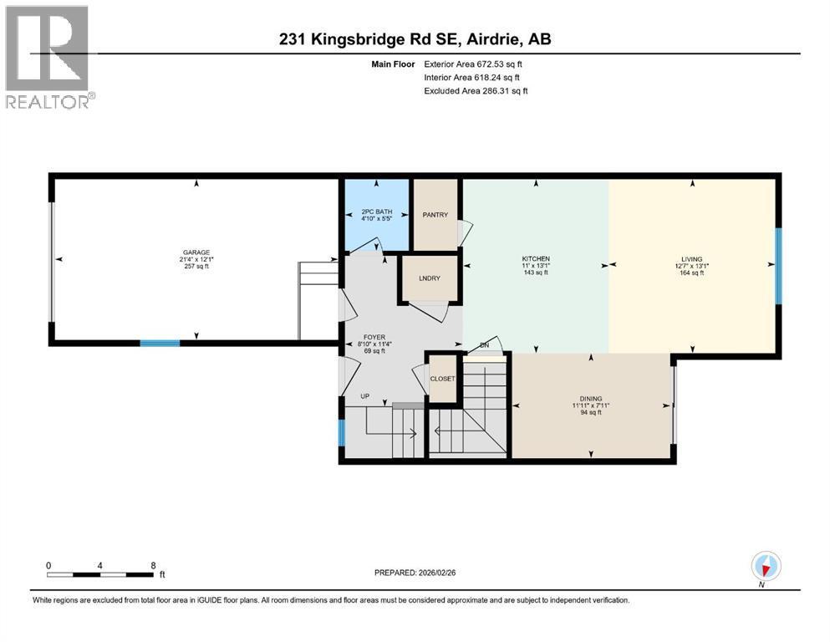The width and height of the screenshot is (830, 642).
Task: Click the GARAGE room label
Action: click(x=196, y=252)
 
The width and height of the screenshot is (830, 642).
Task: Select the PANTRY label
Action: click(x=435, y=215)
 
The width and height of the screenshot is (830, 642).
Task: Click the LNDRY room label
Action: click(x=429, y=278)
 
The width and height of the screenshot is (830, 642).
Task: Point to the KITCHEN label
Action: click(x=536, y=258)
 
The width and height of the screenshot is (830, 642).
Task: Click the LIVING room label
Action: click(x=691, y=258)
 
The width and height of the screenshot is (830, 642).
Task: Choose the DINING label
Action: click(x=591, y=399)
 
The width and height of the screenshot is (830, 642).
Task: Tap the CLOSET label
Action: click(x=442, y=379)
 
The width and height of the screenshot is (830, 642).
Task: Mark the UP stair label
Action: click(x=364, y=395)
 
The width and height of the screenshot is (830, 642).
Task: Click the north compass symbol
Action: click(x=766, y=566)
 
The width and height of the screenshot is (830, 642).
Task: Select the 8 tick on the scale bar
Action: click(x=152, y=565)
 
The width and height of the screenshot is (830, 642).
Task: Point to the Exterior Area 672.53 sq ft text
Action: click(x=475, y=64)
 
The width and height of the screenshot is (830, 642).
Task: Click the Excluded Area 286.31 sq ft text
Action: click(x=476, y=90)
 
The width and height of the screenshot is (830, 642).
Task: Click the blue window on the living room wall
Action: click(x=778, y=267)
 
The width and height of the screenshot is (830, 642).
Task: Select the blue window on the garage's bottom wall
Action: click(x=160, y=343)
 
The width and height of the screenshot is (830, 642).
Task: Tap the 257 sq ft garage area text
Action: click(x=196, y=266)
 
